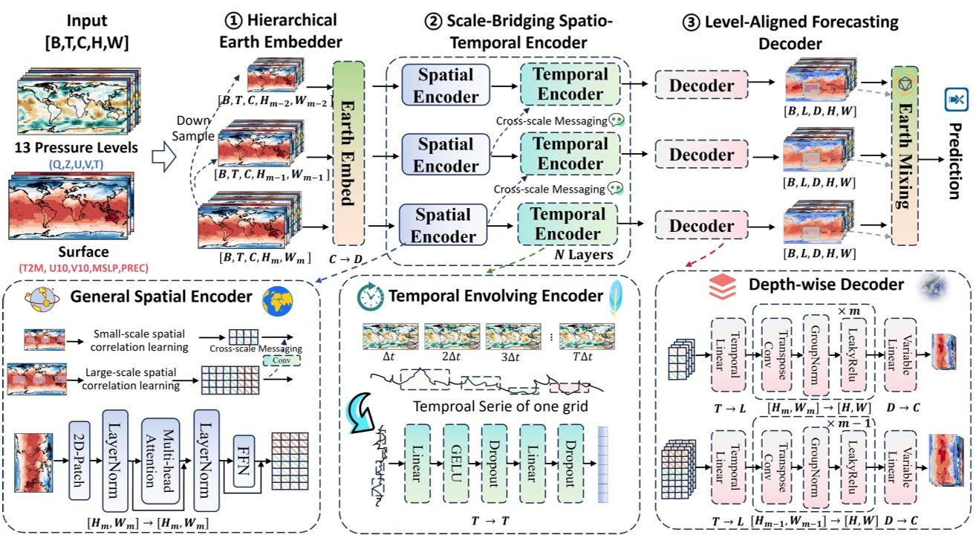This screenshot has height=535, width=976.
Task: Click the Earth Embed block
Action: [x=349, y=153]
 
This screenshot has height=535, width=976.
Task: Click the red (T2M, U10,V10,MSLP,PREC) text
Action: [x=73, y=267]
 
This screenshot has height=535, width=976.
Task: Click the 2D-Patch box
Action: [x=79, y=460]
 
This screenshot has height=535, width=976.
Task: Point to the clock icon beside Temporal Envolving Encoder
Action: [x=368, y=296]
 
